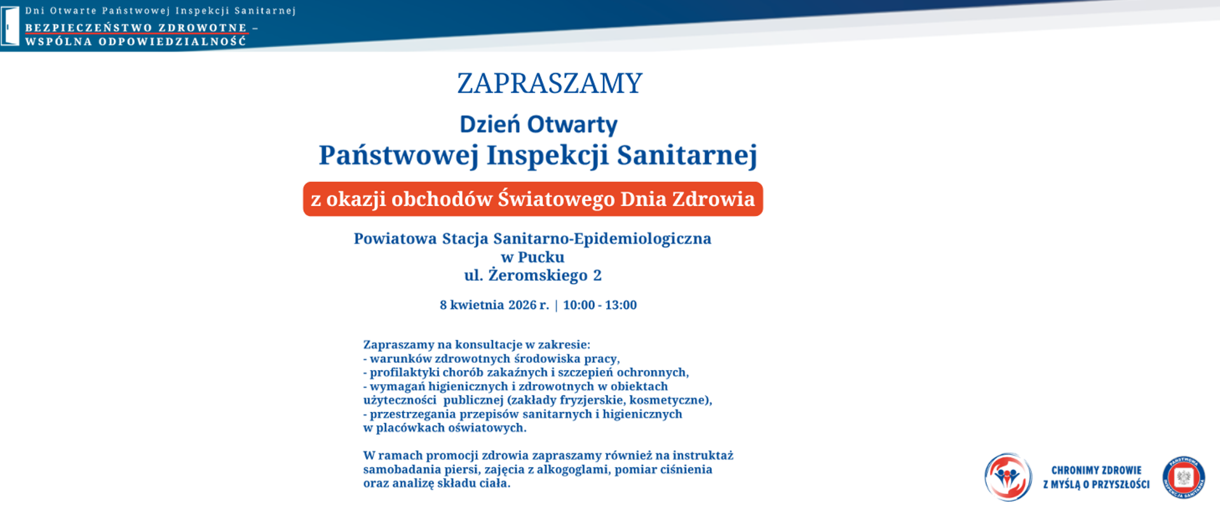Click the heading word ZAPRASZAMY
click(550, 83)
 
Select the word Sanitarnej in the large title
click(687, 154)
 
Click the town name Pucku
click(541, 257)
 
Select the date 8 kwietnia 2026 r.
click(494, 305)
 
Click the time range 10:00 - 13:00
click(599, 305)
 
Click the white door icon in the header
click(10, 27)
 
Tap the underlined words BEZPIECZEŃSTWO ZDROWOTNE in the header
click(135, 28)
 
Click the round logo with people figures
click(1008, 477)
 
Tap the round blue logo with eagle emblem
click(1183, 477)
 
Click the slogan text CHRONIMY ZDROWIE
click(1096, 470)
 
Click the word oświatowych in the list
click(487, 428)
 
